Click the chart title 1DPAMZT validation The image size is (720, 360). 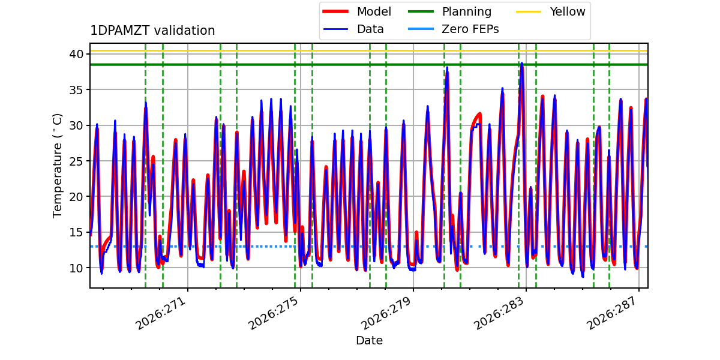coord(152,31)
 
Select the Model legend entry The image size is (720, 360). coord(357,11)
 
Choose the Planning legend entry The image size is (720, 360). coord(449,11)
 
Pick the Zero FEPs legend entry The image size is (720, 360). coord(453,29)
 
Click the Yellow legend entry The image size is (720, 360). coord(551,11)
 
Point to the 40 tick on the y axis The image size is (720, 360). coord(76,54)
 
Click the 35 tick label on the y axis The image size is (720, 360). coord(76,89)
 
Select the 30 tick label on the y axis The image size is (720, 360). coord(76,125)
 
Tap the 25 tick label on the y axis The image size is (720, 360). coord(76,161)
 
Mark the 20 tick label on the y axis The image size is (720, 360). coord(76,197)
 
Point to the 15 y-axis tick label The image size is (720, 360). coord(76,232)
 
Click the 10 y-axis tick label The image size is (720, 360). coord(76,268)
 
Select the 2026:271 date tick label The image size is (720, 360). coord(161,313)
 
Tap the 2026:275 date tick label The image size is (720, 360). coord(274,313)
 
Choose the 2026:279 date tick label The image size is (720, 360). coord(386,313)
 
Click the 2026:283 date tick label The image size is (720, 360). coord(499,313)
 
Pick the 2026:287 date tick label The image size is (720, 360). coord(612,313)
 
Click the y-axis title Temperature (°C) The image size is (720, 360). coord(57,166)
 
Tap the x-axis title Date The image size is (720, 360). coord(370,340)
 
